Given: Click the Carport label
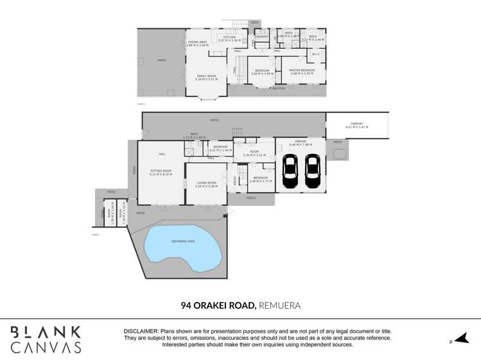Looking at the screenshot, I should click(357, 124).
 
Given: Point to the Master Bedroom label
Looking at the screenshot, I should click(302, 71).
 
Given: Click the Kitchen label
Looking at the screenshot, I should click(229, 37).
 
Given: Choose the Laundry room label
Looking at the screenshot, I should click(261, 37).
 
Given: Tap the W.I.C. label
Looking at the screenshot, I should click(316, 54).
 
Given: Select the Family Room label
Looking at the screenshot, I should click(206, 76).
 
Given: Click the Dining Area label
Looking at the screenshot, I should click(197, 42).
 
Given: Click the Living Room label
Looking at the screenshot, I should click(206, 184).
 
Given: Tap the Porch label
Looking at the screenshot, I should click(251, 198).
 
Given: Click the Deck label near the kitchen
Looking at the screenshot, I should click(254, 22).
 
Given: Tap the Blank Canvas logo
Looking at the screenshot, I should click(46, 340).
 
